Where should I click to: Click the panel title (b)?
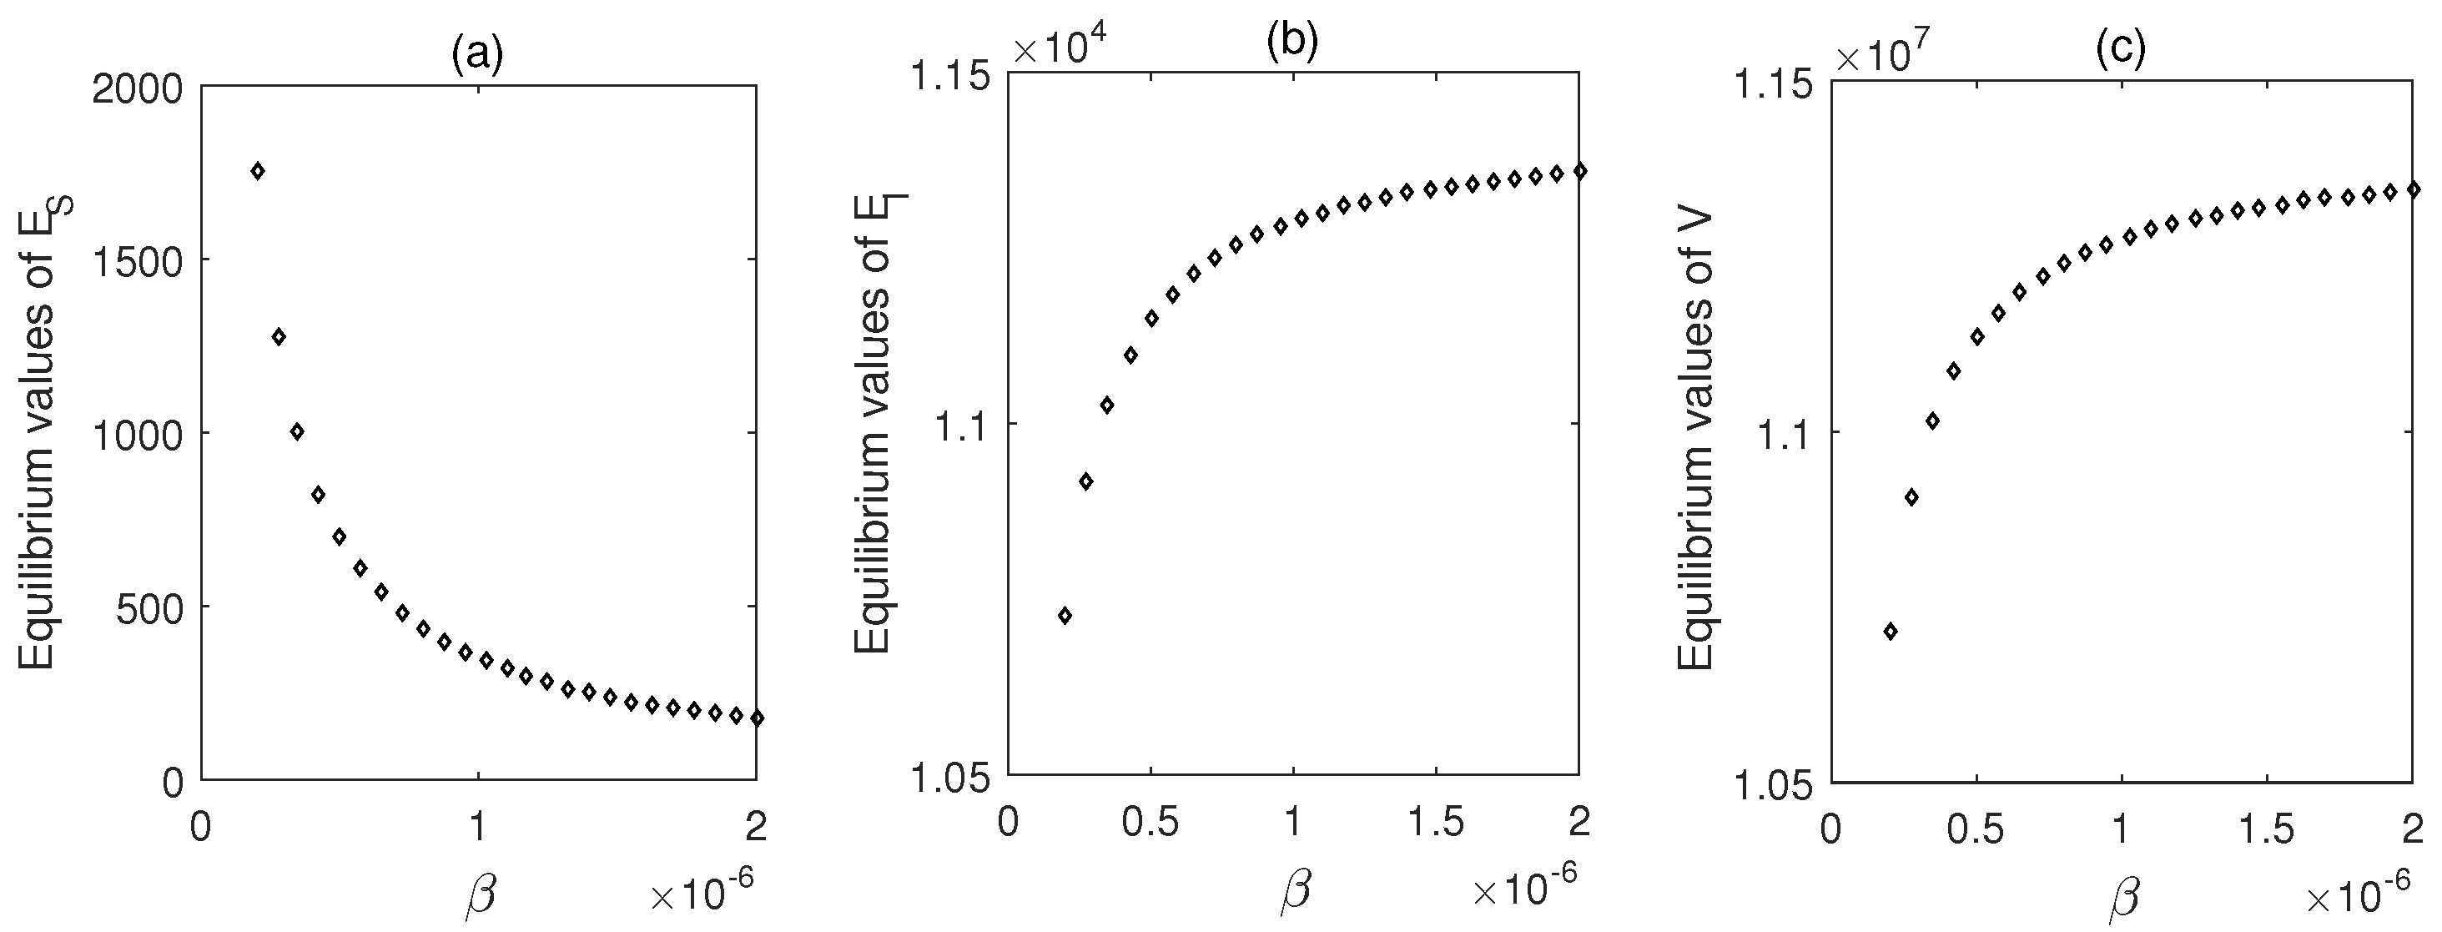tap(1292, 42)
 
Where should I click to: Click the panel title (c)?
tap(2121, 48)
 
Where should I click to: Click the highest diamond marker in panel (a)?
tap(257, 171)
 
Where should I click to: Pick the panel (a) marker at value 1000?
tap(297, 431)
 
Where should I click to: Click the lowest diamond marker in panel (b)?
tap(1065, 615)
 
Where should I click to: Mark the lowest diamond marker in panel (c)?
tap(1891, 632)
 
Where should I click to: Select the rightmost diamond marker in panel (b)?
tap(1578, 171)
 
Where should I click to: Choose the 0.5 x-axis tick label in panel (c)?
tap(1976, 829)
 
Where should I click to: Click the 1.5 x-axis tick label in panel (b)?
tap(1435, 822)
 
